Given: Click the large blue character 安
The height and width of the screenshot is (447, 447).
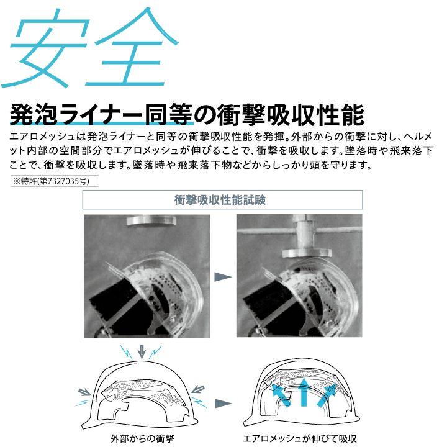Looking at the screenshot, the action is click(x=45, y=48).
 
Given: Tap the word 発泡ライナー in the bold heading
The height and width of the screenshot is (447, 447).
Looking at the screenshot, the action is click(x=78, y=115).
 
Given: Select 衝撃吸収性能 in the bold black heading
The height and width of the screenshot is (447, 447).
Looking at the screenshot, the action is click(x=291, y=115).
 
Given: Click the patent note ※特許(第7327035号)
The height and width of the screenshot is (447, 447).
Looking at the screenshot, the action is click(x=55, y=181).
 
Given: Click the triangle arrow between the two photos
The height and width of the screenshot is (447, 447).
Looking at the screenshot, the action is click(x=222, y=276).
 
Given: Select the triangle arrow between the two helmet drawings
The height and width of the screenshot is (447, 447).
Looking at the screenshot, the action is click(x=222, y=403).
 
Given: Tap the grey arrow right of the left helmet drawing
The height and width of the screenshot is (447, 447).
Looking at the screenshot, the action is click(x=197, y=389).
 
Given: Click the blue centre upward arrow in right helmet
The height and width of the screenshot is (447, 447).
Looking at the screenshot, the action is click(x=304, y=392).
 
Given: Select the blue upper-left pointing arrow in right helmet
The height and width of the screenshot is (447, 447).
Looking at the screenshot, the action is click(x=281, y=395).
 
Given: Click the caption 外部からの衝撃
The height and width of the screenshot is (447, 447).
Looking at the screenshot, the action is click(x=142, y=438).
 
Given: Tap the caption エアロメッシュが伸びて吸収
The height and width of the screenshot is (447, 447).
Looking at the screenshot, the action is click(x=300, y=438).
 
